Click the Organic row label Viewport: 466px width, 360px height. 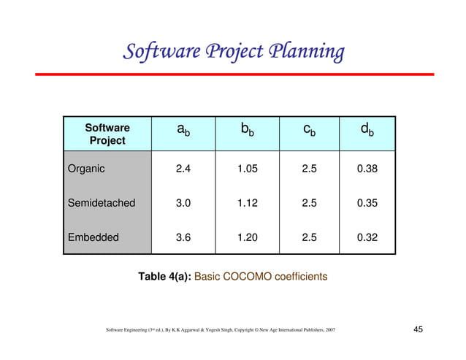click(86, 169)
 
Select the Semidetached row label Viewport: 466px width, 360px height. click(102, 203)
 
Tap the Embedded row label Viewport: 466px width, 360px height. click(92, 237)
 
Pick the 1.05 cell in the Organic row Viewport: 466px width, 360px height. click(248, 169)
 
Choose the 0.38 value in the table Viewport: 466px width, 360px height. click(367, 169)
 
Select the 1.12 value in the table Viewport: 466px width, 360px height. click(248, 203)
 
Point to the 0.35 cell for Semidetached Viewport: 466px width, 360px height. click(367, 203)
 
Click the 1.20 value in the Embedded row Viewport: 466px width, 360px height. click(248, 237)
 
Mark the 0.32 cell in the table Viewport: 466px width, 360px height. click(367, 237)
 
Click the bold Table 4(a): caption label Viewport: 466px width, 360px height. click(165, 277)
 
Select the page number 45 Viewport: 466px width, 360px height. click(419, 331)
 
